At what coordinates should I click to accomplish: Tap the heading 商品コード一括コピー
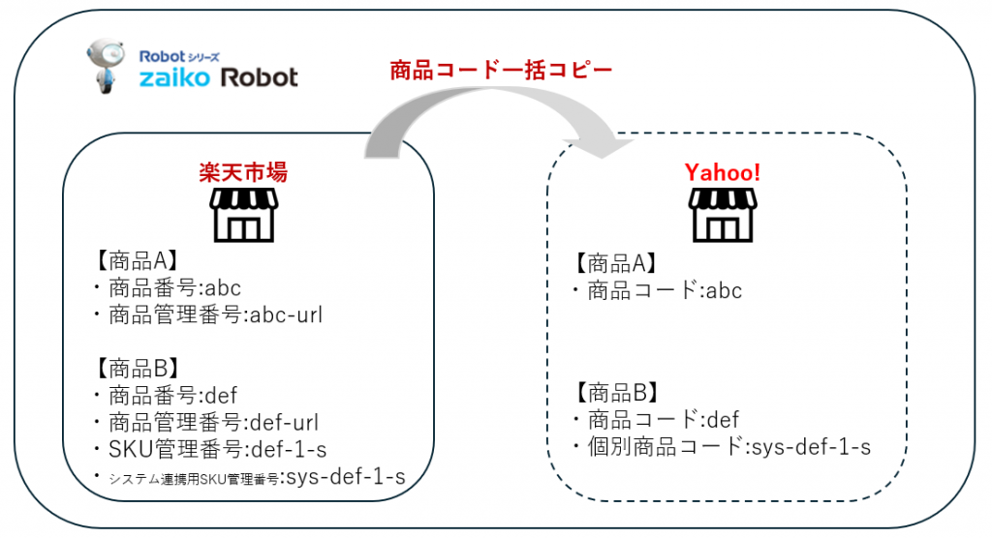[x=501, y=71]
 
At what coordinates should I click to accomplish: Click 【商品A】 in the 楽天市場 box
[x=135, y=260]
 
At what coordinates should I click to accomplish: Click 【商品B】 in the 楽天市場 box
[x=135, y=368]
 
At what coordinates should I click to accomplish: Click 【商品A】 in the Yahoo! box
[x=615, y=262]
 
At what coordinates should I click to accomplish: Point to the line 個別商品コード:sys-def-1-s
[x=721, y=447]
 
